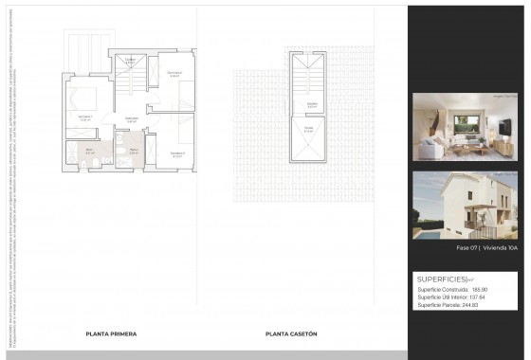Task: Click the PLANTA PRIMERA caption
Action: pyautogui.click(x=111, y=334)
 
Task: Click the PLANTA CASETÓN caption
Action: pyautogui.click(x=291, y=334)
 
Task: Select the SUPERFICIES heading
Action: pyautogui.click(x=437, y=279)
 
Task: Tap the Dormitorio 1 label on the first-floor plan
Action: pyautogui.click(x=84, y=118)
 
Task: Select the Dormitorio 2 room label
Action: pyautogui.click(x=174, y=73)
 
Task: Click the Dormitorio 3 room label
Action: pyautogui.click(x=177, y=152)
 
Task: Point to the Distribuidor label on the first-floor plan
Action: pyautogui.click(x=133, y=118)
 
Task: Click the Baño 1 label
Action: pyautogui.click(x=91, y=150)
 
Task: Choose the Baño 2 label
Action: pyautogui.click(x=134, y=150)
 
